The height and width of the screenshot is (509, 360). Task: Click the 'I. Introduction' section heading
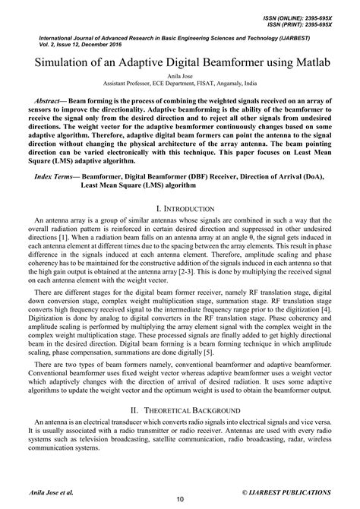coord(180,207)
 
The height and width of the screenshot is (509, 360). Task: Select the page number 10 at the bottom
coord(180,498)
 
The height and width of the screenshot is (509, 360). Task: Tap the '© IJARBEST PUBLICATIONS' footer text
coord(287,492)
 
